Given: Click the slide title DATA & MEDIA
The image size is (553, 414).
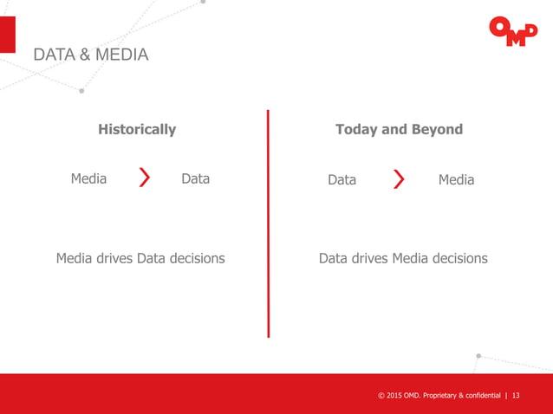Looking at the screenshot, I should coord(90,55).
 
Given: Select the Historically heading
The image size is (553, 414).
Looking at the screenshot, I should coord(137,129).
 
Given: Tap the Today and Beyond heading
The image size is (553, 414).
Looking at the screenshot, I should coord(399,129).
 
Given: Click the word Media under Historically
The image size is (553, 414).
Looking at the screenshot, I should coord(88,179).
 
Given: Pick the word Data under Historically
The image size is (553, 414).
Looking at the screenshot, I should coord(195,179).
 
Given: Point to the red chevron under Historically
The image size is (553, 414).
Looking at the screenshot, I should coord(145,179).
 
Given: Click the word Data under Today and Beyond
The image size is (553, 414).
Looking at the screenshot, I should coord(342,180).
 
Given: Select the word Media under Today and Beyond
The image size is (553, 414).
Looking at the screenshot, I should coord(456,179).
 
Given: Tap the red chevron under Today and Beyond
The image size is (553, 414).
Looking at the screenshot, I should coord(399,179).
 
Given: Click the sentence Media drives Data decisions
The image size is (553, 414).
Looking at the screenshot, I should coord(140,258).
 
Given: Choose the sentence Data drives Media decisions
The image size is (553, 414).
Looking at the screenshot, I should coord(403,258).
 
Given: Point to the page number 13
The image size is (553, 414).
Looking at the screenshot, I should coord(517,396).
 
